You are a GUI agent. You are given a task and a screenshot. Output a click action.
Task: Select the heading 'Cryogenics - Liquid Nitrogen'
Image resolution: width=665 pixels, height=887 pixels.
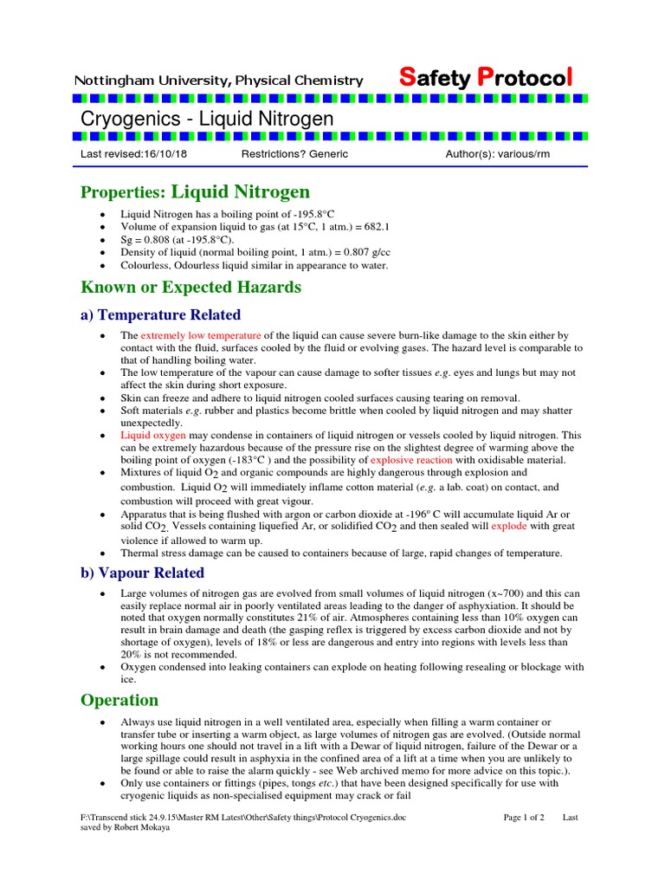[207, 118]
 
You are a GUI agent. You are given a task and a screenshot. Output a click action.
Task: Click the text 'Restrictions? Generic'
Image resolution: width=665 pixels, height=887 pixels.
[294, 154]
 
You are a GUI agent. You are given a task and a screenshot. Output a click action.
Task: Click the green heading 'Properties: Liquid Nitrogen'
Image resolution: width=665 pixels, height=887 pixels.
[195, 191]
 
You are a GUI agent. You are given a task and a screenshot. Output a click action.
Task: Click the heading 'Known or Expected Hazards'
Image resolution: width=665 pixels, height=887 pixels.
[190, 287]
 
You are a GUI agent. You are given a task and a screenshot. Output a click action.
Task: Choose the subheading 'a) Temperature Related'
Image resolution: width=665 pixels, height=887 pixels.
[160, 314]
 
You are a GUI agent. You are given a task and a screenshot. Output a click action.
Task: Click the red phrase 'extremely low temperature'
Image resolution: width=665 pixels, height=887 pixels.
[201, 335]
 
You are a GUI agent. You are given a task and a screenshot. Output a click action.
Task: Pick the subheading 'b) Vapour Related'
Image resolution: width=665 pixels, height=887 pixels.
[142, 573]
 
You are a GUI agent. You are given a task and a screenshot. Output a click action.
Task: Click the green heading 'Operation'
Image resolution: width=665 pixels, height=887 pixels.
[119, 700]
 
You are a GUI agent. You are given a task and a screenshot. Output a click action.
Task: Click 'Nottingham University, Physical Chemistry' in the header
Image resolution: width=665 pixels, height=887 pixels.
[218, 81]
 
